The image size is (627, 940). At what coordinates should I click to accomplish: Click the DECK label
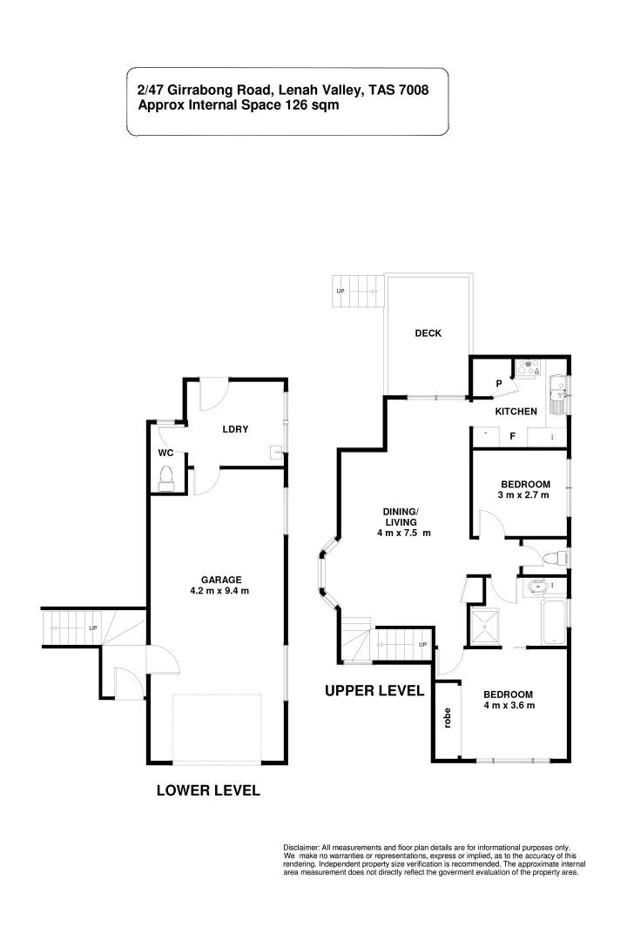(428, 333)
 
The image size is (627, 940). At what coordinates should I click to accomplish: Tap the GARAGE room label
(221, 580)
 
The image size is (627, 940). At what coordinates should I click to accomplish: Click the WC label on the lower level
(165, 453)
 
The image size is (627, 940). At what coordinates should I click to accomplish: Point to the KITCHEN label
(516, 412)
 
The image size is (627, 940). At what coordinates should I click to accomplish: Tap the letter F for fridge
(513, 436)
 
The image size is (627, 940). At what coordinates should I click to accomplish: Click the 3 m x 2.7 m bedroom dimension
(525, 498)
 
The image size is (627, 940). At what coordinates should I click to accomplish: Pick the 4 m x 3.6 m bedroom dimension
(509, 706)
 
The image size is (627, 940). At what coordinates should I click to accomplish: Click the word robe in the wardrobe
(447, 718)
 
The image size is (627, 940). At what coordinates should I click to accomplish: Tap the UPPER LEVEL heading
(374, 691)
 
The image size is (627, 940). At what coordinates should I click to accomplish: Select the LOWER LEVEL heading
(208, 791)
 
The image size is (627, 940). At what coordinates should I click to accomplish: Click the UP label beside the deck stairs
(340, 291)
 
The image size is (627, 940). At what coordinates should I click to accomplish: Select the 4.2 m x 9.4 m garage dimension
(221, 592)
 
